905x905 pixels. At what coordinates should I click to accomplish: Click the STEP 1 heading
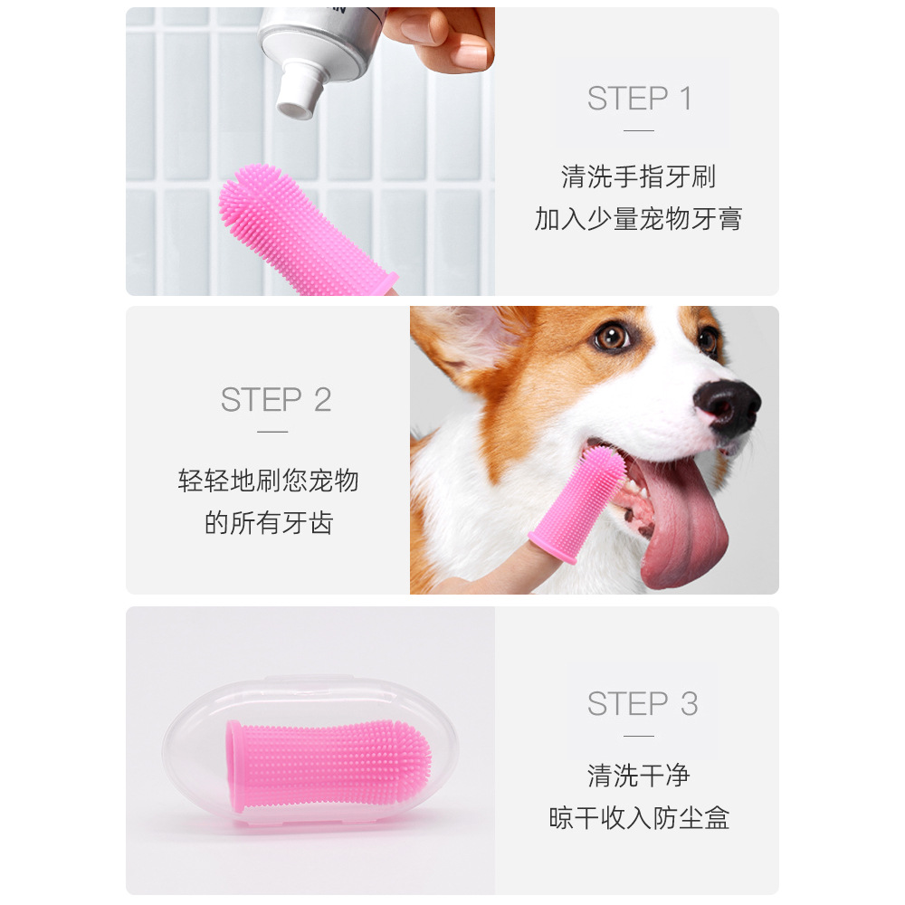point(639,99)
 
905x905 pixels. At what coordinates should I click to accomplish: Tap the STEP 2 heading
point(276,400)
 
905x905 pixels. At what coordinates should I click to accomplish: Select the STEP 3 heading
point(643,703)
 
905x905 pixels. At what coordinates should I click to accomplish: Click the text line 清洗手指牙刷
point(638,176)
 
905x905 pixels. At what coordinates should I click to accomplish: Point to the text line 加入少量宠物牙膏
point(638,218)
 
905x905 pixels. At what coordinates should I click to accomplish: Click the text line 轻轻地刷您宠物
point(269,481)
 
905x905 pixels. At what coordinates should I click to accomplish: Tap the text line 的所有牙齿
point(269,522)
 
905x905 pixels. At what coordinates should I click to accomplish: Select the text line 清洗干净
point(638,776)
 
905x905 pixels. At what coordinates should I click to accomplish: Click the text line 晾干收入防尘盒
point(639,818)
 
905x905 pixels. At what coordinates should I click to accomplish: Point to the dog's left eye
point(613,337)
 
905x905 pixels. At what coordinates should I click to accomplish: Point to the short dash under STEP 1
point(639,130)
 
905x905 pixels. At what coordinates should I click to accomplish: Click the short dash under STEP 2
point(272,432)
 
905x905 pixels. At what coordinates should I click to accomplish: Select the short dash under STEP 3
point(639,735)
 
